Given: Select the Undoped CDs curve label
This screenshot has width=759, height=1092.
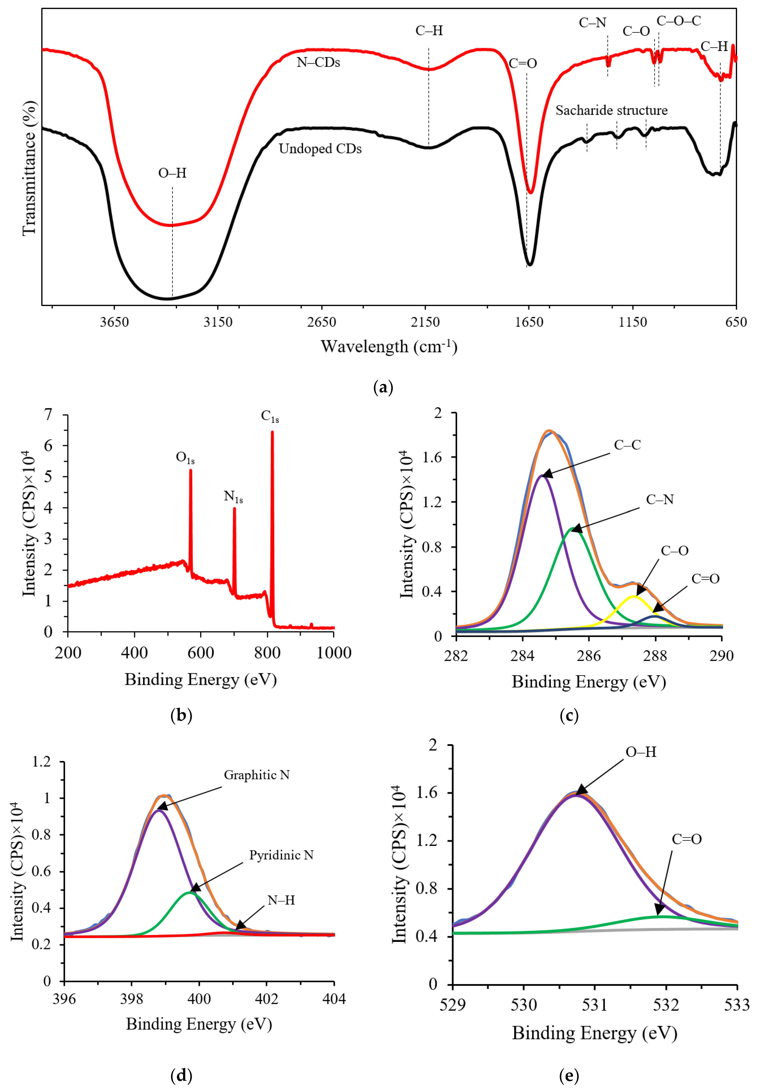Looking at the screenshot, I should point(320,149).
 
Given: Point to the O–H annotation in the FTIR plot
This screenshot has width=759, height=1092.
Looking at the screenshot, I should point(172,173).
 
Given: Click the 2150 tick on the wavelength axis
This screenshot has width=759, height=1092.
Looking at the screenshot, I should point(425,322).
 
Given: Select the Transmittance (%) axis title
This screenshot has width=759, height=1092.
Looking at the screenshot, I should point(29,168).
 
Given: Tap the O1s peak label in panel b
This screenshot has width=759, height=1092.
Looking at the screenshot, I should point(185,457).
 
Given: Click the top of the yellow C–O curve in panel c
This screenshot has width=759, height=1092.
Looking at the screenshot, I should point(633,596).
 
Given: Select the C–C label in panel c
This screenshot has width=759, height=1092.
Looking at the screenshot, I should point(627,445).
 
